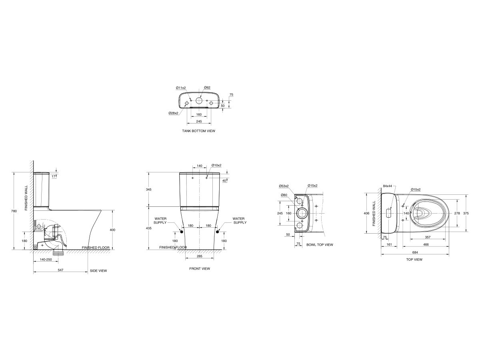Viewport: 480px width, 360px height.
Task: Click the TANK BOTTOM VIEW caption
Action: tap(198, 131)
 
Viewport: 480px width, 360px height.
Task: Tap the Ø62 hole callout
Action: tap(207, 88)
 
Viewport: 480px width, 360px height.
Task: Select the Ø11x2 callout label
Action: tap(181, 88)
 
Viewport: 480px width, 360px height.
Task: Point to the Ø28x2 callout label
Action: tap(174, 113)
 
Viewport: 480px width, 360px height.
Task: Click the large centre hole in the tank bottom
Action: tap(199, 100)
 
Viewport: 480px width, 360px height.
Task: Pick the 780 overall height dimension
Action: tap(14, 211)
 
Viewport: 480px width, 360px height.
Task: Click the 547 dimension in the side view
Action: tap(60, 270)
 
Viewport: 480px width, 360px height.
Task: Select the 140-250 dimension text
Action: tap(46, 260)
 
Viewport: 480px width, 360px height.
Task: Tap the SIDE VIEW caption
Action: tap(98, 271)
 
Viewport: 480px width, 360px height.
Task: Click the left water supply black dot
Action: tap(181, 232)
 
